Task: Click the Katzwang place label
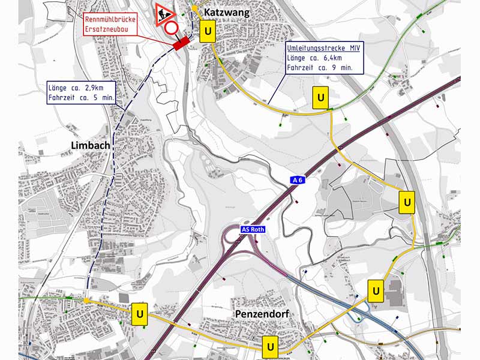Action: tap(226, 13)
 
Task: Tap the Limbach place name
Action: tap(90, 146)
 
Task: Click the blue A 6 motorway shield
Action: tap(298, 180)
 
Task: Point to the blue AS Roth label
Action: tap(252, 229)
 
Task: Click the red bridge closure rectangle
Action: tap(180, 43)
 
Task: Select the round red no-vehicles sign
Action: tap(172, 28)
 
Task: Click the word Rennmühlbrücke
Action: tap(110, 20)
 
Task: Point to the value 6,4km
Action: tap(330, 58)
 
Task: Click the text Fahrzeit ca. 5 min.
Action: tap(81, 97)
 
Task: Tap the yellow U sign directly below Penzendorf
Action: tap(271, 346)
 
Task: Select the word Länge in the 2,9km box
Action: tap(58, 88)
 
